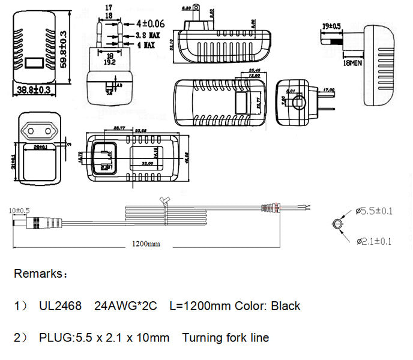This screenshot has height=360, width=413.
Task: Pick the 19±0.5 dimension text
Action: click(331, 26)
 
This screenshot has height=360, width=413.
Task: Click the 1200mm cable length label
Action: click(146, 244)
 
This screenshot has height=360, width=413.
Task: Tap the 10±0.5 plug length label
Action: click(19, 211)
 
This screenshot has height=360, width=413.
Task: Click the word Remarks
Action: click(37, 274)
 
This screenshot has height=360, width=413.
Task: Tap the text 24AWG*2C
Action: click(125, 306)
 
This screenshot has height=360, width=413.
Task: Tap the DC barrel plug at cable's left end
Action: click(24, 224)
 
